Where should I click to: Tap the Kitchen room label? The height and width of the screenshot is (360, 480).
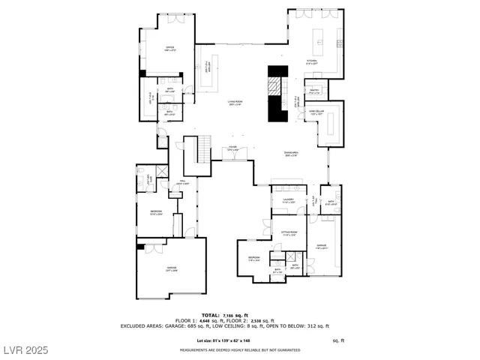pyautogui.click(x=312, y=62)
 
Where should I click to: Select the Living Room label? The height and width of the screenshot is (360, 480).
pyautogui.click(x=236, y=103)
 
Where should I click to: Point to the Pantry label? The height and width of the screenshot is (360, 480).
pyautogui.click(x=315, y=91)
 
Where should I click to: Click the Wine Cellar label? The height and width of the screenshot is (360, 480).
pyautogui.click(x=316, y=112)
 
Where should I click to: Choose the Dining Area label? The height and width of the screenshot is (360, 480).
pyautogui.click(x=292, y=153)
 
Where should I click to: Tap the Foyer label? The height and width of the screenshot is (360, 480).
pyautogui.click(x=232, y=148)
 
